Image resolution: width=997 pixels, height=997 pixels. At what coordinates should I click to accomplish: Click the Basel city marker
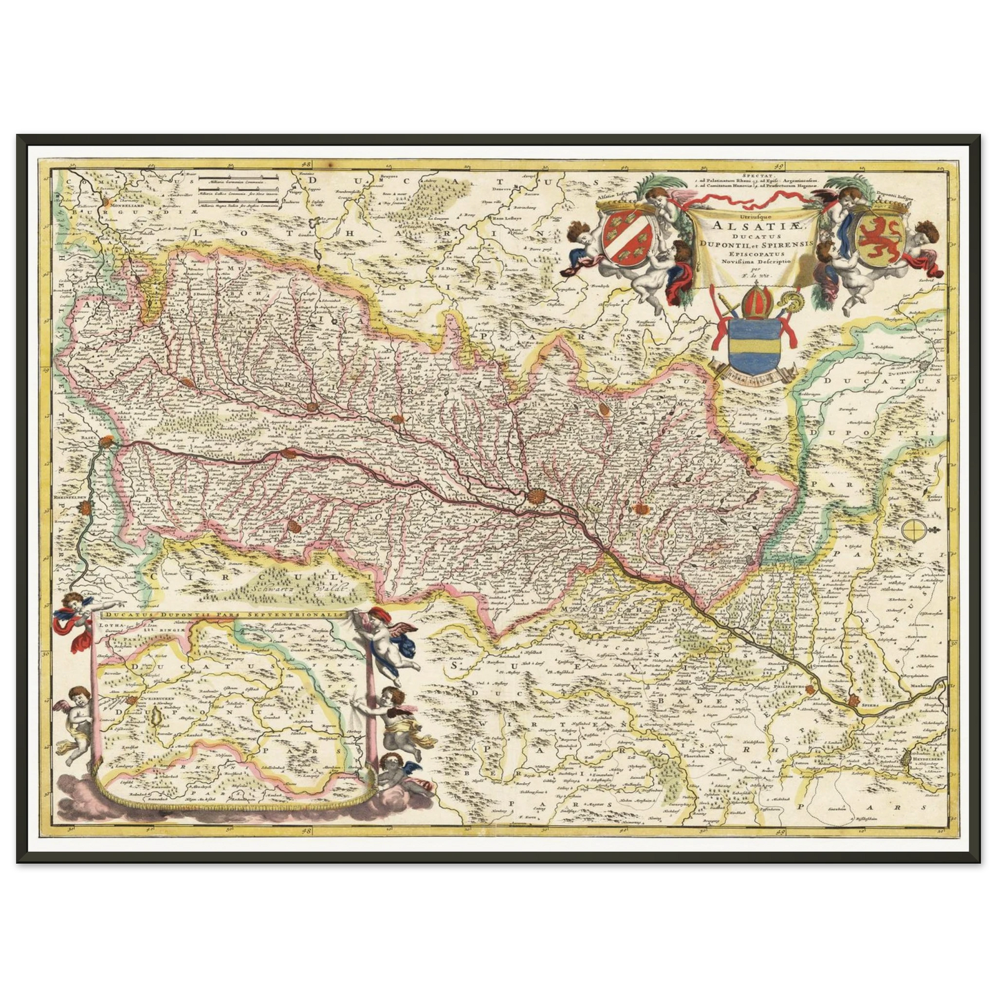pyautogui.click(x=107, y=442)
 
